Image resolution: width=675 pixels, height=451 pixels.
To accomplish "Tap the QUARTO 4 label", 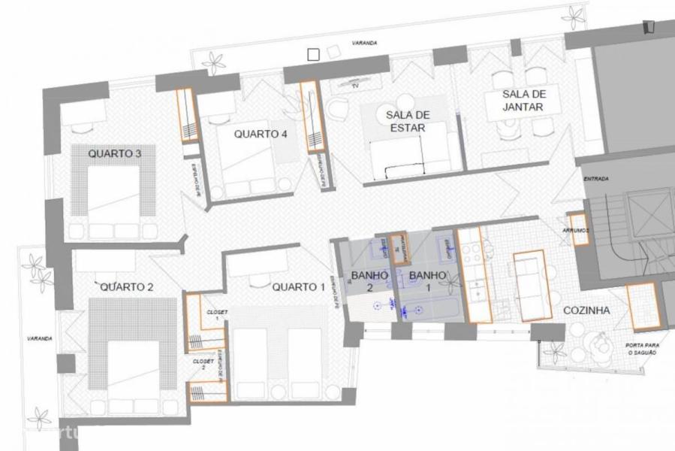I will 261,135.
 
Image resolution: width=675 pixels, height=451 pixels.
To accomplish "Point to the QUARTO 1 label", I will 299,286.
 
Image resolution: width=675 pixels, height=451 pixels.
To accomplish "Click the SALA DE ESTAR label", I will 407,121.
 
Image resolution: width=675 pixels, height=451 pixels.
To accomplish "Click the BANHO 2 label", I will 369,281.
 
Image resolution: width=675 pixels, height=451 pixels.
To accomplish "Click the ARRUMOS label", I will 574,231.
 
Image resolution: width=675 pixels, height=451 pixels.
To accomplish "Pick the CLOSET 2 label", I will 203,364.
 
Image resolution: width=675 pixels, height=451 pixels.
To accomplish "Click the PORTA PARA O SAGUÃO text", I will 642,350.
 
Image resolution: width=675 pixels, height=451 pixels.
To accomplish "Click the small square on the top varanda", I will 313,53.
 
